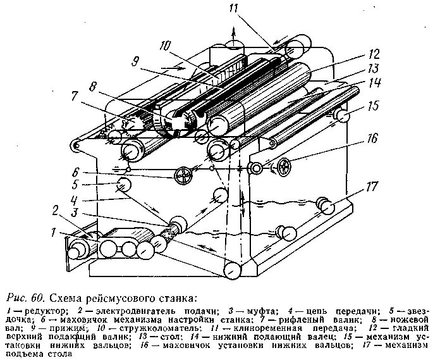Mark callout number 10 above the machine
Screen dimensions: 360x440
[x=166, y=46]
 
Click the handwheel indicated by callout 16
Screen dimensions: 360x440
[x=286, y=167]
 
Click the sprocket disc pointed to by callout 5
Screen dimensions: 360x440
[x=123, y=184]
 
